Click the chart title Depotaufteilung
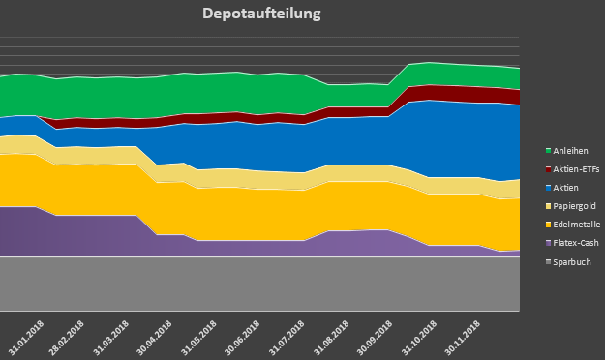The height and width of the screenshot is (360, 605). (261, 15)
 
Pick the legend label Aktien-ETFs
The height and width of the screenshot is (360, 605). (575, 169)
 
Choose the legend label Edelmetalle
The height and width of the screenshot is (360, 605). (576, 225)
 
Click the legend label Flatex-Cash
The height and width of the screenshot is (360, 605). (576, 243)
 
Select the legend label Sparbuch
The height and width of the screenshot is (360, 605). (571, 261)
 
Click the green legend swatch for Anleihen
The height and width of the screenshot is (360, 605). (548, 151)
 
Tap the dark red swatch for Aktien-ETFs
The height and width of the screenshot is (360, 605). (548, 169)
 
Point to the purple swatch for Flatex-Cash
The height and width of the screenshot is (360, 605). (548, 243)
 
